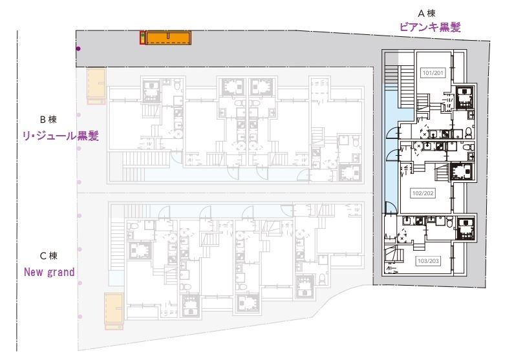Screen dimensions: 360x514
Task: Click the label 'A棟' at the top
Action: coord(429,12)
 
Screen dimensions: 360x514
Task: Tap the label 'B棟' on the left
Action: coord(50,120)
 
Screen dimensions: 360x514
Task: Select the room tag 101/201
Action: coord(431,72)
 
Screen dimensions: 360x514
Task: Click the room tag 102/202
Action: coord(422,193)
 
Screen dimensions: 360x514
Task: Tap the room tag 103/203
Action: coord(427,261)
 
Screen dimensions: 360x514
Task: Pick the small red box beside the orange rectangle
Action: coord(142,38)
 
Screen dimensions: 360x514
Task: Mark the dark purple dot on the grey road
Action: coord(78,48)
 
